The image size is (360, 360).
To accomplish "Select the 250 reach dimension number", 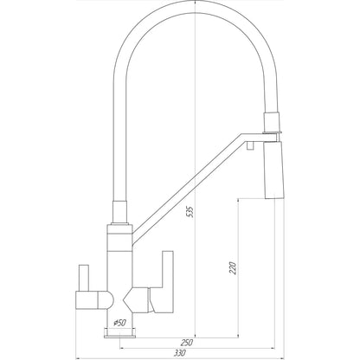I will click(x=185, y=342).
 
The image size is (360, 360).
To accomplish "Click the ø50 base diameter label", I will click(x=119, y=323).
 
